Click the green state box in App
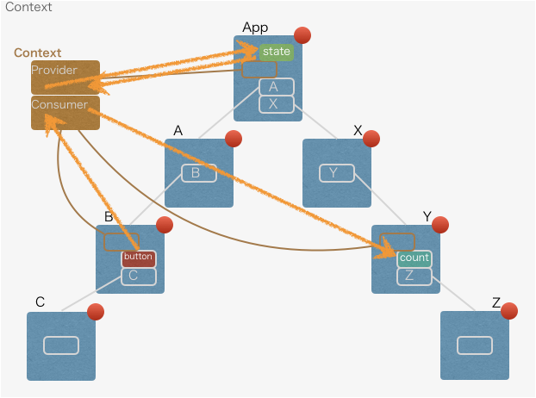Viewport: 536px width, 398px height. (x=277, y=52)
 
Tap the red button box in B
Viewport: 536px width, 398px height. (x=138, y=257)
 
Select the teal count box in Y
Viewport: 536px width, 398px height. (x=414, y=258)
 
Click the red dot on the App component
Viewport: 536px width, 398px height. (x=302, y=35)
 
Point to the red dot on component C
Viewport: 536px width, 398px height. (x=96, y=311)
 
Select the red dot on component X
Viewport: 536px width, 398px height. (x=371, y=139)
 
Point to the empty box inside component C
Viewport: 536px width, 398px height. (x=61, y=345)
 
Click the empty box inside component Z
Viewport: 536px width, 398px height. (x=475, y=345)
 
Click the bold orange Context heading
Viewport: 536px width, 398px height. (x=37, y=53)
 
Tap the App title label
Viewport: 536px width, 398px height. (x=255, y=28)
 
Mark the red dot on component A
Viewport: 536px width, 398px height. (x=234, y=139)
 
